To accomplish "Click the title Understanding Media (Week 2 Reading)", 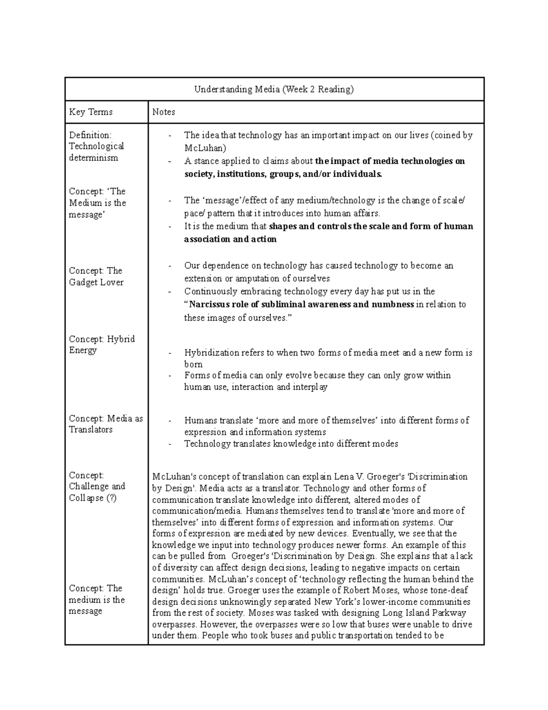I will (x=274, y=89).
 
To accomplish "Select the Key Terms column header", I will (x=90, y=112).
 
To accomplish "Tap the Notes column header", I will (x=163, y=112).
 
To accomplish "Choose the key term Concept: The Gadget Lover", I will (x=96, y=277).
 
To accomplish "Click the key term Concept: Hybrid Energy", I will (x=101, y=345).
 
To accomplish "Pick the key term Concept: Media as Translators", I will (x=105, y=424).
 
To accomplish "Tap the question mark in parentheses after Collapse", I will (x=111, y=498).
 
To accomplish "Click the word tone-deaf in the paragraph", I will (x=448, y=590).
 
